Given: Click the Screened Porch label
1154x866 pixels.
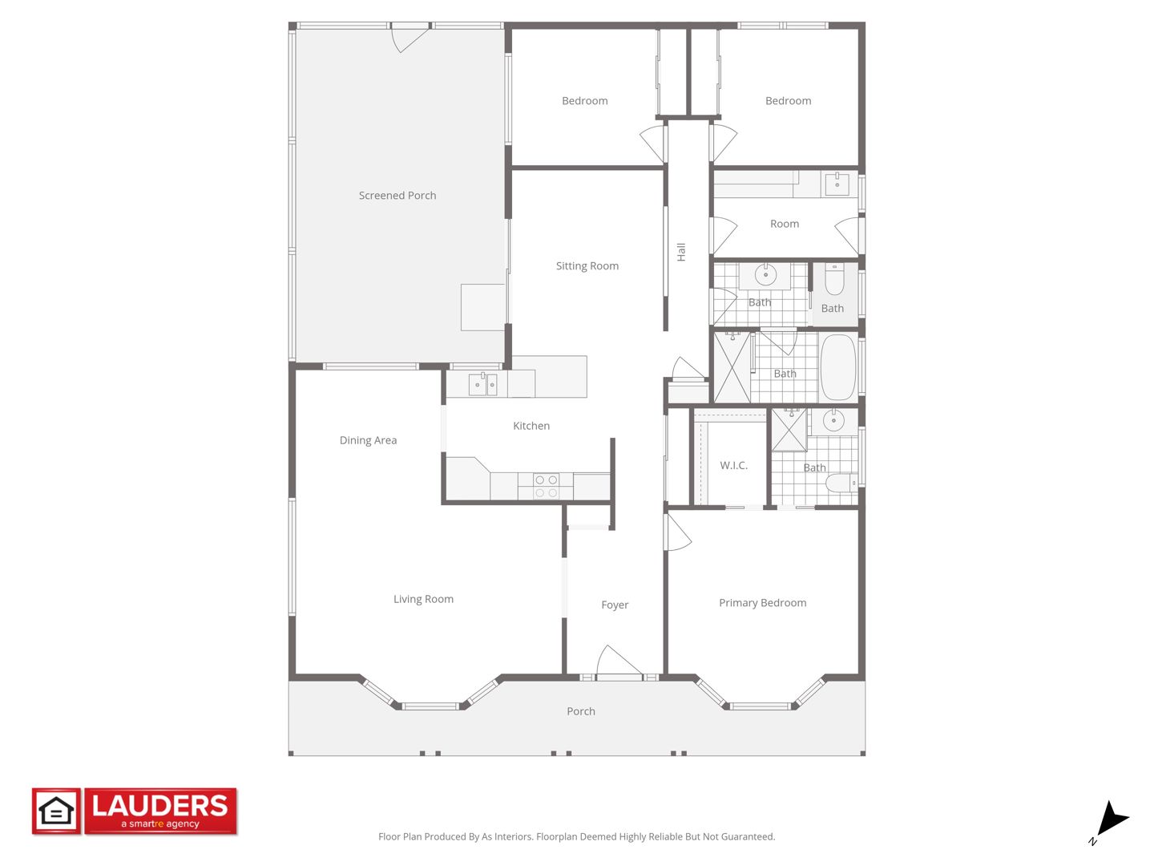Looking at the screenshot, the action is click(397, 196).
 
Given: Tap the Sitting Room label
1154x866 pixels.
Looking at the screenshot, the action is click(587, 266).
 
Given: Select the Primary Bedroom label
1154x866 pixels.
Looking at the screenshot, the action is click(762, 602).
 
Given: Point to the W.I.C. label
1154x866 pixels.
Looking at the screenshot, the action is click(733, 465).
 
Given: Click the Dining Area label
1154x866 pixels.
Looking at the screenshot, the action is click(368, 441).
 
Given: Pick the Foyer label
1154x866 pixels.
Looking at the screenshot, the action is click(615, 605).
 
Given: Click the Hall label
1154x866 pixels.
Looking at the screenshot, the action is click(681, 252).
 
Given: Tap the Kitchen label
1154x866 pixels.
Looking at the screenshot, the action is click(531, 426).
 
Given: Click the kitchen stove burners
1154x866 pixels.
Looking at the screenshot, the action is click(545, 487).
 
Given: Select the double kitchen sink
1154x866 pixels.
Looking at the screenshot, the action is click(482, 384).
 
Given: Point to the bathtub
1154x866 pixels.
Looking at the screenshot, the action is click(838, 367).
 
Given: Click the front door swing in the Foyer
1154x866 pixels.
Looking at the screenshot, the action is click(619, 661).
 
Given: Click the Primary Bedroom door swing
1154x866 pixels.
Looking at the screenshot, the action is click(678, 532).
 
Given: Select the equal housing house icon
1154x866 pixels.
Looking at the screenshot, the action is click(56, 811).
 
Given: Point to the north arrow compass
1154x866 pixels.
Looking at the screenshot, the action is click(1111, 821).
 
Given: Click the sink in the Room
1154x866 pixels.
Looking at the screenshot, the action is click(837, 184).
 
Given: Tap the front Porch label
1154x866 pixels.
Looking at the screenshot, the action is click(581, 711).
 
